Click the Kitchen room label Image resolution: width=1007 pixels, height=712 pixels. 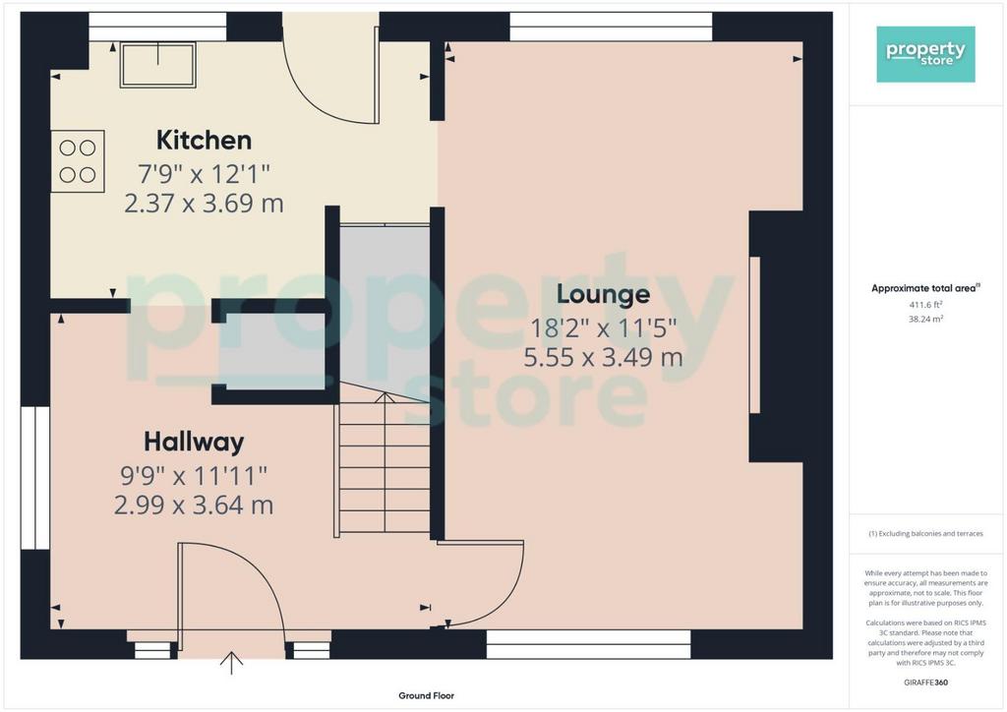204,140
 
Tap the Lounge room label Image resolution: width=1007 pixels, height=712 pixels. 603,294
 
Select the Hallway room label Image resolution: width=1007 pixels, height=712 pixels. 194,442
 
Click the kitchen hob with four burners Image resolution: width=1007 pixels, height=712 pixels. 78,161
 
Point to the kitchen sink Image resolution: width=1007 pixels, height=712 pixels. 157,64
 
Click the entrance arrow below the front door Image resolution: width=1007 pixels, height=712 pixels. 231,663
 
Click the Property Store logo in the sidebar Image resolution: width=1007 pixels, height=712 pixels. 925,54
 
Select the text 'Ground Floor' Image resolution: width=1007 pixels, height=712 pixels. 427,695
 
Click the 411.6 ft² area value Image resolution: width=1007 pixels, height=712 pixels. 925,304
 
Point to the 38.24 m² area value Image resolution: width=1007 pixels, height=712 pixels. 925,319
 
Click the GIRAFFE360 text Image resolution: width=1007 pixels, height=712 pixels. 925,682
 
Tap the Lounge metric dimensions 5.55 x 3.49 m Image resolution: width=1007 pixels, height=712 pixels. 603,357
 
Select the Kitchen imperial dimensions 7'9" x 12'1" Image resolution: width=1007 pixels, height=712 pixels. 204,173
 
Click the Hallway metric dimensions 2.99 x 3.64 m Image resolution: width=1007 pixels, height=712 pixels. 194,505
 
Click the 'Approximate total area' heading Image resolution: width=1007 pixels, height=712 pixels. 924,288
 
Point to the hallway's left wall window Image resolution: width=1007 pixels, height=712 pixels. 35,478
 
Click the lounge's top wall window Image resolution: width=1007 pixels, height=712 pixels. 611,27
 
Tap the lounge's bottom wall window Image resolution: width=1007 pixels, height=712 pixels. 588,644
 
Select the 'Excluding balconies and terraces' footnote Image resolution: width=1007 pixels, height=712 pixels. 925,534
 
